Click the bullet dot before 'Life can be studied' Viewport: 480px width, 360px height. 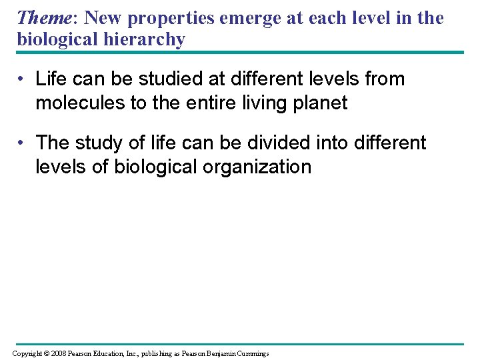22,79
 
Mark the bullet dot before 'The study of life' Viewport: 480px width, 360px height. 22,143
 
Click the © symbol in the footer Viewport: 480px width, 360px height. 46,353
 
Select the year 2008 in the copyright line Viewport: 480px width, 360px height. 59,353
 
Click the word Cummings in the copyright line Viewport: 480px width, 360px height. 253,353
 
